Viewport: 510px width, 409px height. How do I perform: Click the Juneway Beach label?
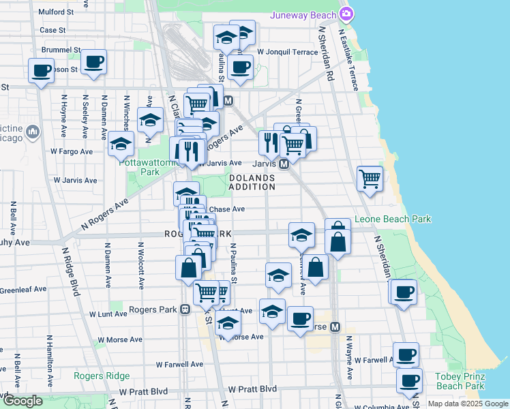tap(303, 15)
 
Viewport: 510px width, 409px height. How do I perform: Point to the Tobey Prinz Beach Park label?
tap(460, 381)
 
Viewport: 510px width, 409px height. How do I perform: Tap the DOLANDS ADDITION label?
tap(251, 181)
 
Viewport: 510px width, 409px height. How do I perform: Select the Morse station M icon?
tap(335, 327)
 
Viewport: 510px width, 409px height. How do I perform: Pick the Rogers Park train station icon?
tap(185, 309)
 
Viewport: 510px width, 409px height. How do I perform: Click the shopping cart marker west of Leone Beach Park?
tap(370, 179)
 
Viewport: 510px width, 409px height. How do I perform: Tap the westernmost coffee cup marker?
tap(41, 70)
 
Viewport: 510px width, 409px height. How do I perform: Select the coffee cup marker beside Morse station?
tap(300, 318)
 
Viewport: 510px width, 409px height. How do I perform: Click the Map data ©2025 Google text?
tap(467, 404)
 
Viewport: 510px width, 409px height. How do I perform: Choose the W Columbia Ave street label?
tap(373, 406)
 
